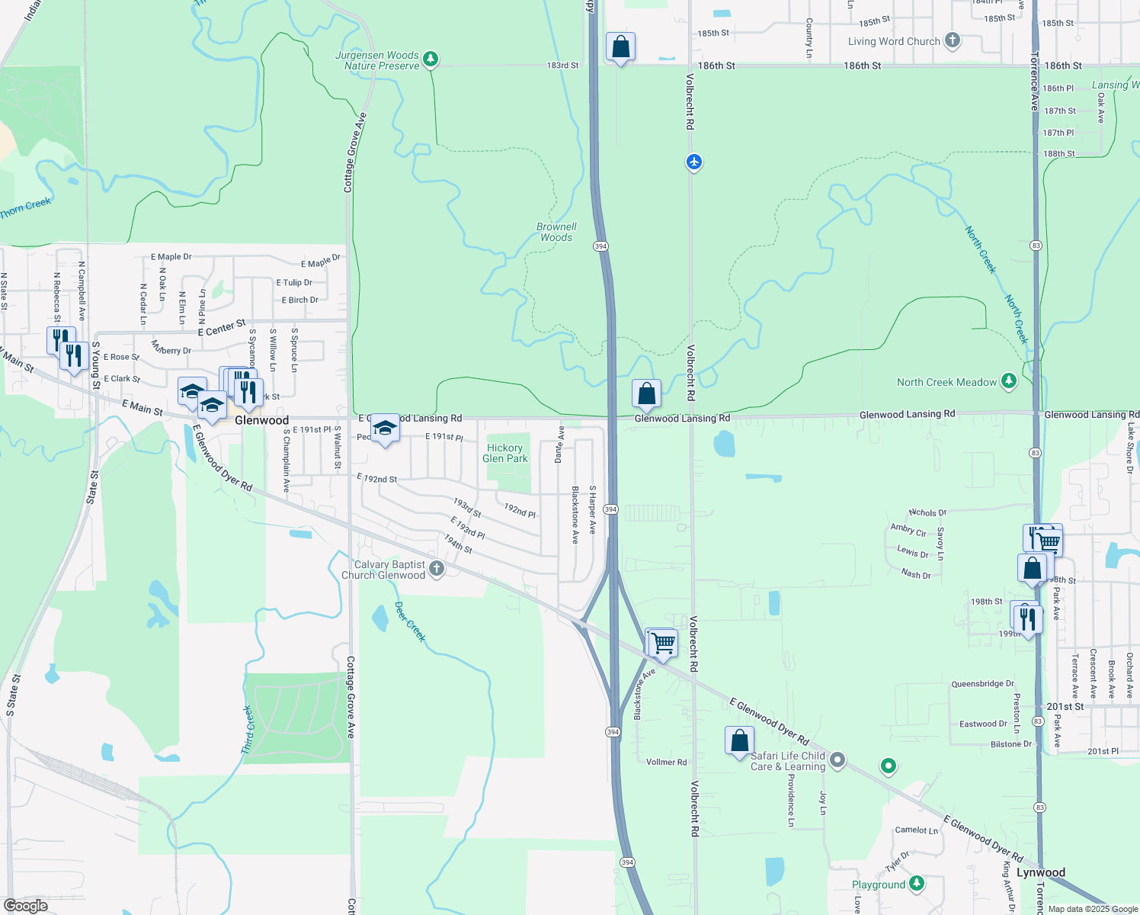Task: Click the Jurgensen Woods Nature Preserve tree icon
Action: (431, 59)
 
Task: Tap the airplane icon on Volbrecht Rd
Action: (693, 162)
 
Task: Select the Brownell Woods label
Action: (556, 232)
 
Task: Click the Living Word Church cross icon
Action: (952, 40)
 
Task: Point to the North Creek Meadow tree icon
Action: (1009, 381)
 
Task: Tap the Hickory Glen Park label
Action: (505, 453)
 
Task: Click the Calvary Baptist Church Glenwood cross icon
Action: (437, 568)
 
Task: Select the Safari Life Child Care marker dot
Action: (837, 759)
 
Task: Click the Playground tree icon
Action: (917, 884)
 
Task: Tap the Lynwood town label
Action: (1041, 872)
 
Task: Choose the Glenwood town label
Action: (261, 420)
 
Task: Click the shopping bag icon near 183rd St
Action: (621, 47)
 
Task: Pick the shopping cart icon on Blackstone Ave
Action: (662, 644)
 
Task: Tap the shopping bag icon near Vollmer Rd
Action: (739, 740)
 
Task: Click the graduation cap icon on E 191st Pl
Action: (385, 429)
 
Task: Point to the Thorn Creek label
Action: (25, 207)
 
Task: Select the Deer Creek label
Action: (410, 622)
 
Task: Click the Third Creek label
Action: (247, 730)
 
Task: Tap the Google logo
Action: (26, 906)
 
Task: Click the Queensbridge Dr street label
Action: (982, 684)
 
